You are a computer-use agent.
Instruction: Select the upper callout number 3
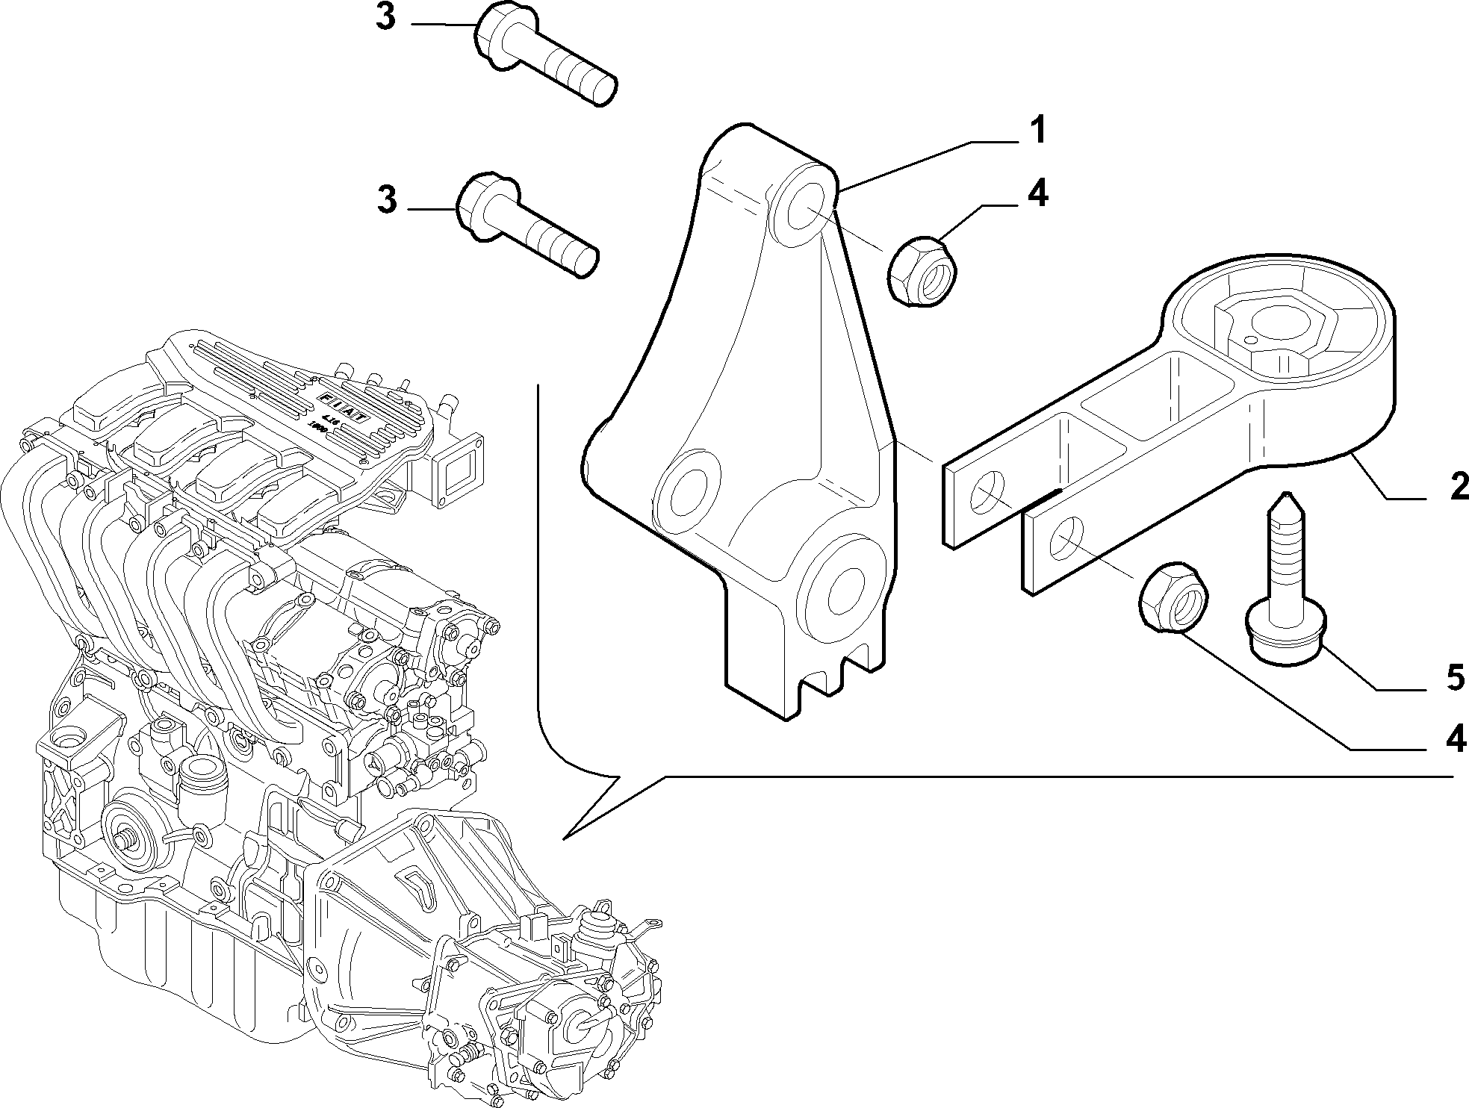(385, 17)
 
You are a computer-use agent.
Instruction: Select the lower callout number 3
(387, 200)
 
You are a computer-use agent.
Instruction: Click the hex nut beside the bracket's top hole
(925, 270)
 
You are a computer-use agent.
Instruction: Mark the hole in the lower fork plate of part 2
(1066, 538)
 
